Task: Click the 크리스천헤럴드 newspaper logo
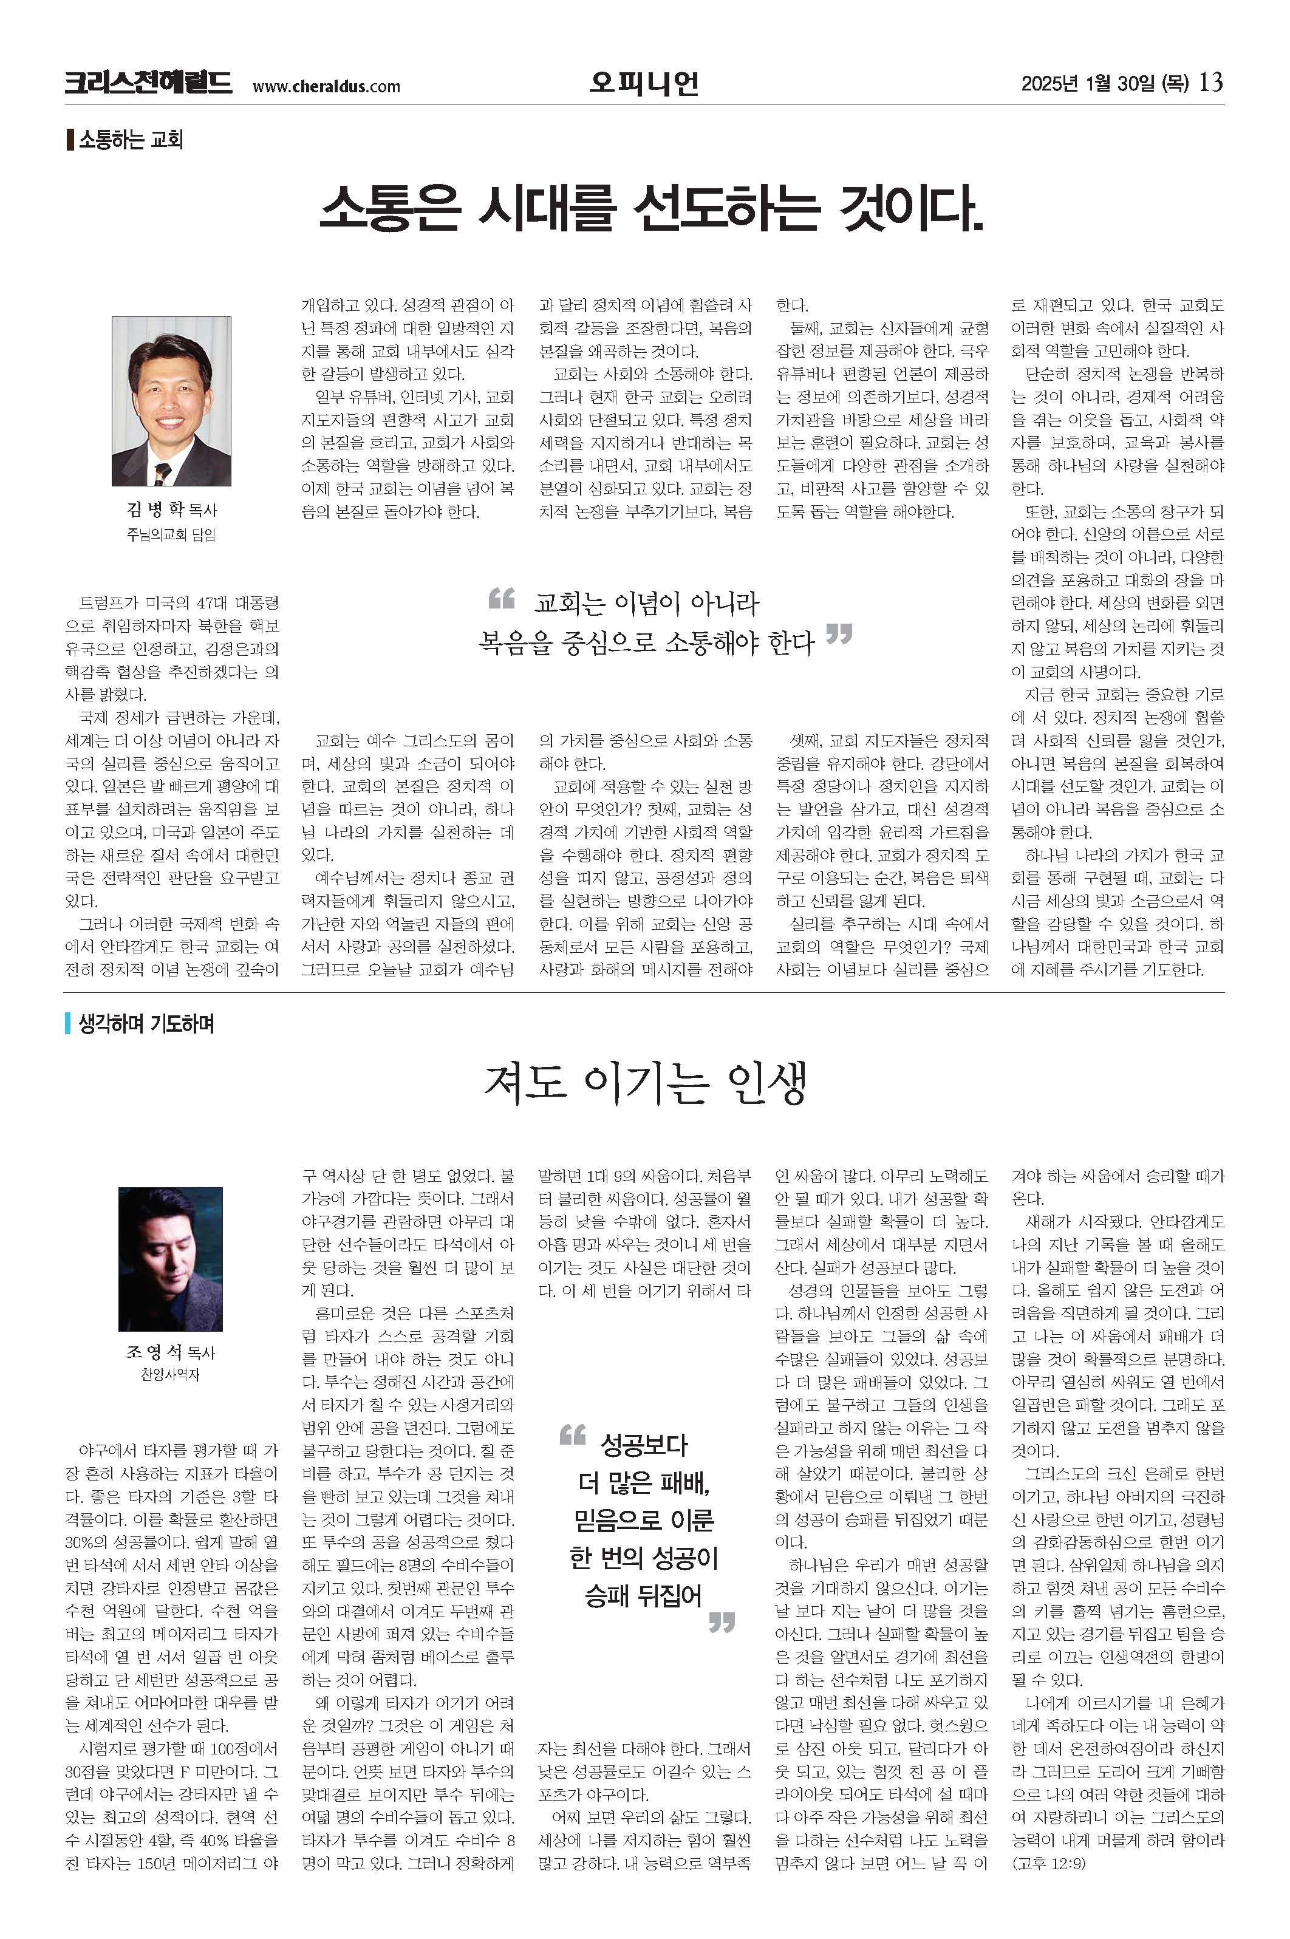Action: tap(148, 83)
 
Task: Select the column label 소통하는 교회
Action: tap(130, 139)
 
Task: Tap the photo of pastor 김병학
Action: tap(171, 401)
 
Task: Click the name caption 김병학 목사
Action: tap(171, 509)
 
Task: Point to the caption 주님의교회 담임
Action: tap(171, 535)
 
